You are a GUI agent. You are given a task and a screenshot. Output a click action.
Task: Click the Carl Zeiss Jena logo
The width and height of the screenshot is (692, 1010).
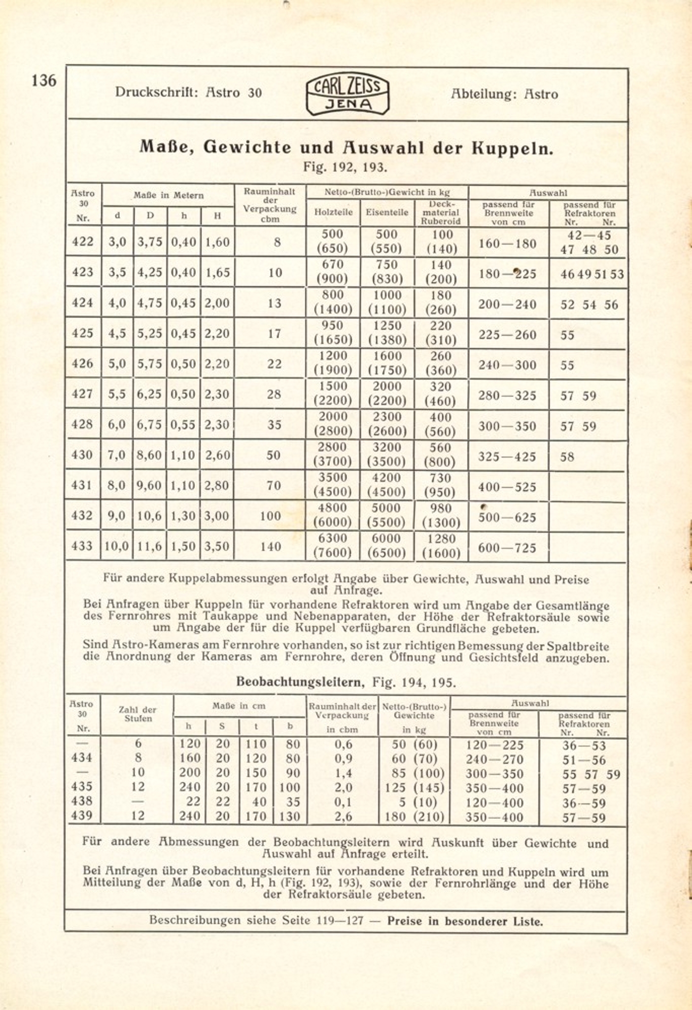click(x=348, y=95)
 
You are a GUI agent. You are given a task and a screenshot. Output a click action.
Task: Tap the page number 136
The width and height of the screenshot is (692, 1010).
click(x=44, y=81)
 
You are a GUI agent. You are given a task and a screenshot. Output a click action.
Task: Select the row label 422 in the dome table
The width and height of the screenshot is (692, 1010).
click(x=83, y=242)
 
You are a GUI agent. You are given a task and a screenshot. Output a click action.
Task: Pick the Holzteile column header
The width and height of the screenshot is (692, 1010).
click(x=333, y=212)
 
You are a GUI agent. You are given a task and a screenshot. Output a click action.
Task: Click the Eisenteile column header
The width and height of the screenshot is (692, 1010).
click(x=387, y=212)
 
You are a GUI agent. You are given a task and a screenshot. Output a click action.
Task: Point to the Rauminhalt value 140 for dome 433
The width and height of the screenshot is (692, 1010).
click(x=270, y=546)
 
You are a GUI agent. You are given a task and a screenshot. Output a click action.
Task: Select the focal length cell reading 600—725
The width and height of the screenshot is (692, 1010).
click(x=507, y=548)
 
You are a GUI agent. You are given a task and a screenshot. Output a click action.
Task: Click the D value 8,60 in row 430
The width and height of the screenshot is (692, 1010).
click(x=149, y=455)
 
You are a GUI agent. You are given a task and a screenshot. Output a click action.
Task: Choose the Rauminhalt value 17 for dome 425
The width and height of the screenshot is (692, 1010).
click(x=274, y=333)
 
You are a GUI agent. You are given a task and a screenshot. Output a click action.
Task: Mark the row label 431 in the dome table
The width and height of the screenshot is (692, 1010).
click(x=83, y=485)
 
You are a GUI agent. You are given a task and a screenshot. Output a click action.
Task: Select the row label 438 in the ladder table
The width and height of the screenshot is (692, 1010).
click(x=82, y=801)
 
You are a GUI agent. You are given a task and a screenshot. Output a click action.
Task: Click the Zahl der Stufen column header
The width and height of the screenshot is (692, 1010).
click(x=137, y=714)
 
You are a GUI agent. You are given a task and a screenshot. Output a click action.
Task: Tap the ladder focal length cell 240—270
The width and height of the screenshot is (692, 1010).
click(x=495, y=760)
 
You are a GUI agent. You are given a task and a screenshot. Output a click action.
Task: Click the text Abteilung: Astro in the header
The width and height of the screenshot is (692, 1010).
click(x=504, y=94)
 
